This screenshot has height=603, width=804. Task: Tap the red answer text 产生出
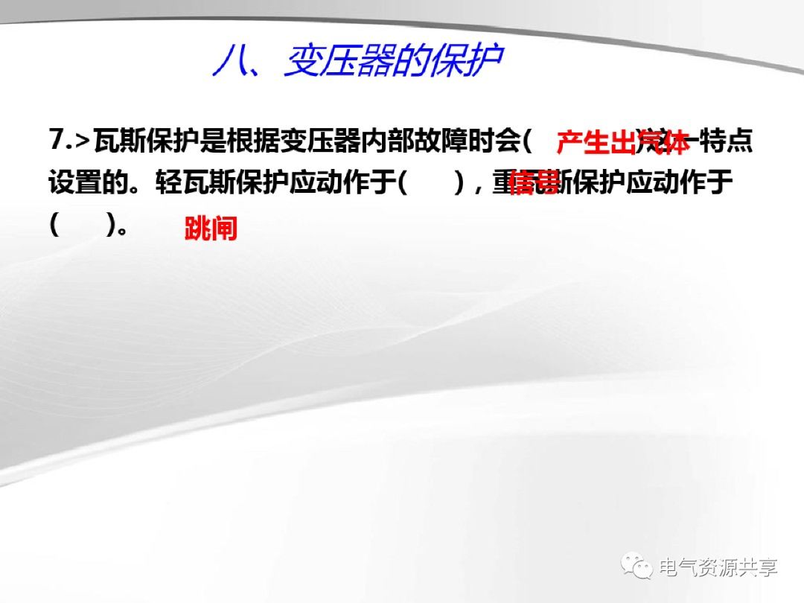595,142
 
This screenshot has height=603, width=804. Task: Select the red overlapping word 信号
535,183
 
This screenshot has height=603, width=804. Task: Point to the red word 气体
664,142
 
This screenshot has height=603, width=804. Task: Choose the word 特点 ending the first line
726,141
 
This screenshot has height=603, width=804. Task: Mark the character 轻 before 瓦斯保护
168,183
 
